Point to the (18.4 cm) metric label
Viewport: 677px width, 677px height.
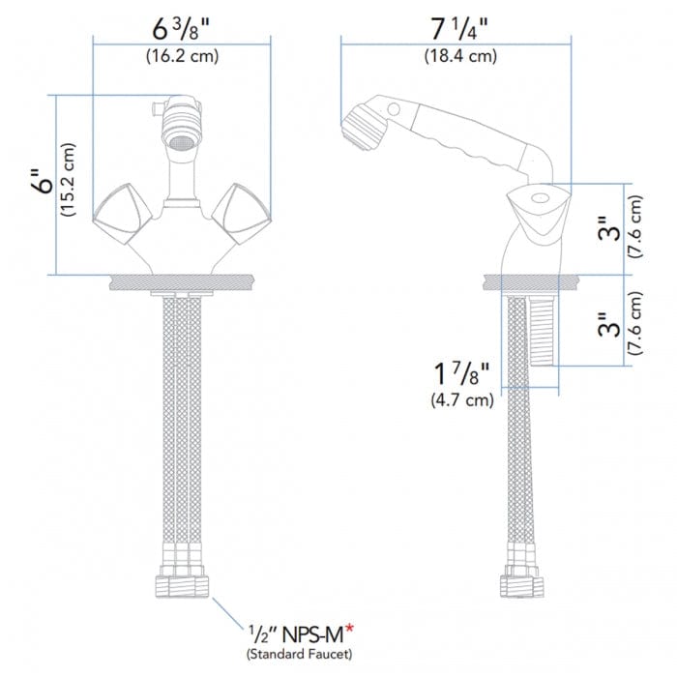click(460, 56)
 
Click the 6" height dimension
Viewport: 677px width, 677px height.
click(39, 185)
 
